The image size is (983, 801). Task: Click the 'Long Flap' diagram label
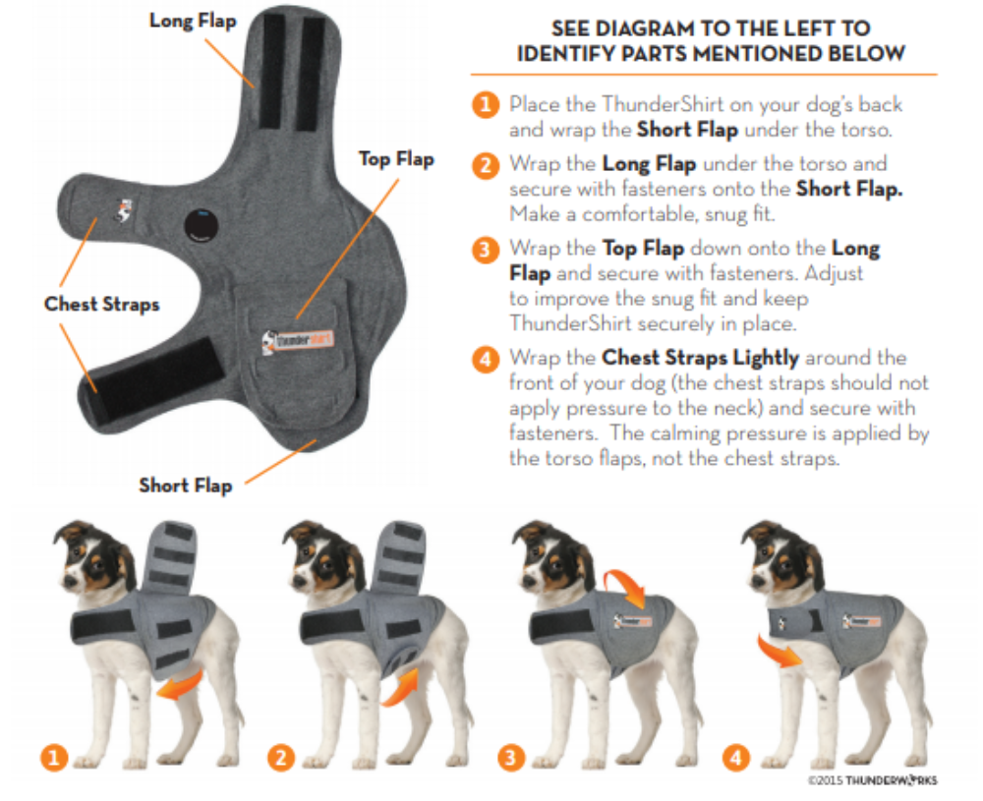click(x=192, y=20)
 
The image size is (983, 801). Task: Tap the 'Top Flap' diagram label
click(x=396, y=159)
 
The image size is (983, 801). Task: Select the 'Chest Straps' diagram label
click(x=101, y=304)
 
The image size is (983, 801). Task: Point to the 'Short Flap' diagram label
click(x=185, y=486)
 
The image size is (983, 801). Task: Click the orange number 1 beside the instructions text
click(x=485, y=104)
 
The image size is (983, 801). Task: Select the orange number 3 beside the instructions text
click(x=485, y=250)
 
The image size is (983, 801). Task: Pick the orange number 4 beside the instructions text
click(x=485, y=359)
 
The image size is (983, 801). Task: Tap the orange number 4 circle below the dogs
click(x=736, y=757)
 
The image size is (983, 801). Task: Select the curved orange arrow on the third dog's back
click(x=626, y=587)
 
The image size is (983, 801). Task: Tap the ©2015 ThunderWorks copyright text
click(x=871, y=780)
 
